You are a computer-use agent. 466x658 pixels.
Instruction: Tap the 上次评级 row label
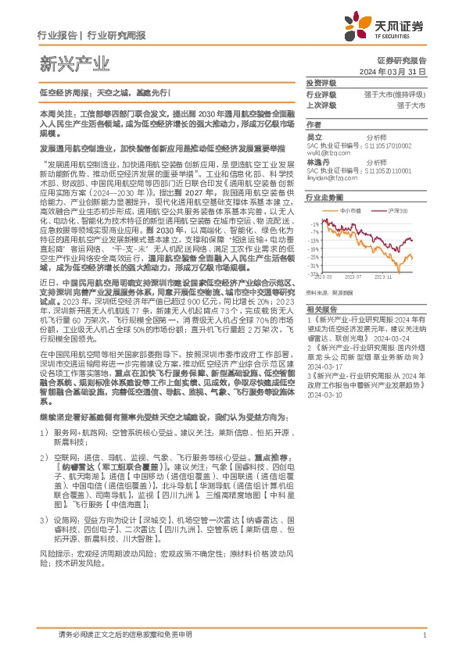click(x=321, y=104)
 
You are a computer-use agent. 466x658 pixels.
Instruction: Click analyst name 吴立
click(x=314, y=136)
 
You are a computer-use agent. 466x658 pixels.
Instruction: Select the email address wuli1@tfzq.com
click(x=328, y=153)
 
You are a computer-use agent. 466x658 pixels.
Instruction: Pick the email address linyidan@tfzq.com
click(x=332, y=179)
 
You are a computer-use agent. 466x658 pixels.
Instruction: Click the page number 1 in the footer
click(x=423, y=637)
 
